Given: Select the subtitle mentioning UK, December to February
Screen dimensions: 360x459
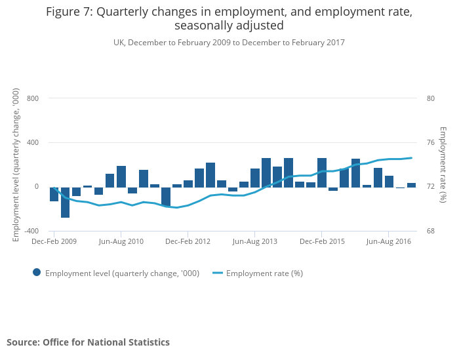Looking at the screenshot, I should pos(229,43).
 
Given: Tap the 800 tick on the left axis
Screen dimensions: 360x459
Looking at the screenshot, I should pos(33,98).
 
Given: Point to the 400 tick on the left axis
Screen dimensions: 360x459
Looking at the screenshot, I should pos(33,142).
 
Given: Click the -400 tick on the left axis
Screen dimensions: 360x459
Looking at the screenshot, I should pos(31,231).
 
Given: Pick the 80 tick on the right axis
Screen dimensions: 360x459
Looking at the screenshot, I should pos(430,98).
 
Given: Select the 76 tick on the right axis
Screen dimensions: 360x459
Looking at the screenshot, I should pos(430,142).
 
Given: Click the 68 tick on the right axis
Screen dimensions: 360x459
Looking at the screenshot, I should pos(430,231).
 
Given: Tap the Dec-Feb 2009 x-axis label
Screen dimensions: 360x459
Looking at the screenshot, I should pos(54,241).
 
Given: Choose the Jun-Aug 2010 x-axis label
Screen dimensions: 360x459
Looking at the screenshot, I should pos(121,241).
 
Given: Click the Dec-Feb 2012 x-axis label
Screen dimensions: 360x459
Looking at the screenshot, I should pos(188,241).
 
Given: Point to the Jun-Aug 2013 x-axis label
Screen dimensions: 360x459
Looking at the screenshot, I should pos(255,241).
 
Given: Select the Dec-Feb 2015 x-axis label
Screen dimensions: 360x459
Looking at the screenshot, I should pos(322,241).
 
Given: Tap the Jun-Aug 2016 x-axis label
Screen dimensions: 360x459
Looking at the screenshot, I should pos(389,241).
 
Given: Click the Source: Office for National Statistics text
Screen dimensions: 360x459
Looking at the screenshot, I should pos(88,342).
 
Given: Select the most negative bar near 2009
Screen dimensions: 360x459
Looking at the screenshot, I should pos(66,202).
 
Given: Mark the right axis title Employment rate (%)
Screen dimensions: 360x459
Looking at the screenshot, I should pos(443,165).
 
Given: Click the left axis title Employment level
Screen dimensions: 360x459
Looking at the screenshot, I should pos(16,165).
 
